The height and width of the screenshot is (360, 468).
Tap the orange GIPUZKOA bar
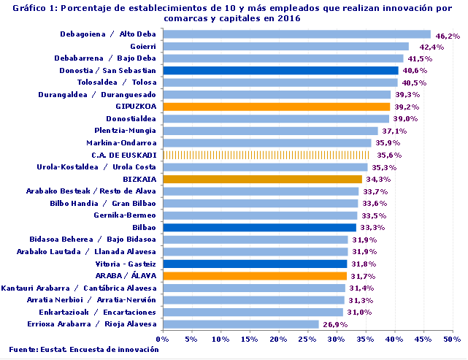click(x=275, y=107)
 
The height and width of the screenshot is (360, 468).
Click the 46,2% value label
click(x=447, y=35)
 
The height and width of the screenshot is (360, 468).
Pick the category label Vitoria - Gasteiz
click(x=126, y=263)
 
